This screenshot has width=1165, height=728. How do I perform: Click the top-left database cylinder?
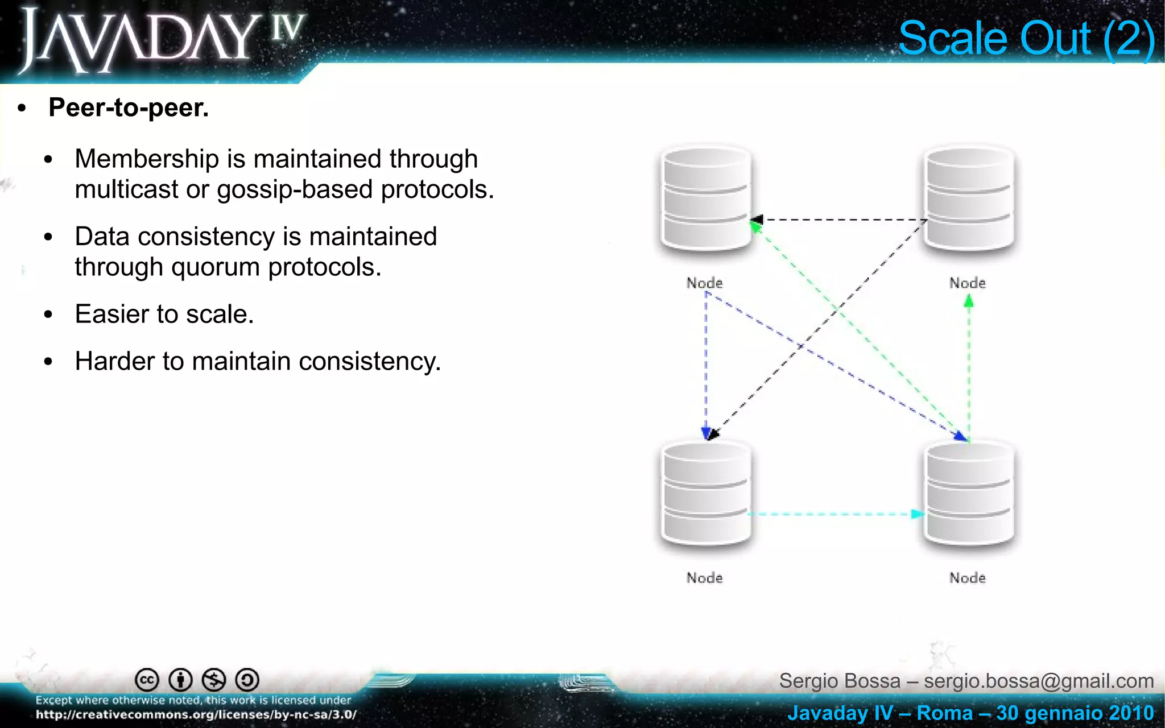[x=705, y=199]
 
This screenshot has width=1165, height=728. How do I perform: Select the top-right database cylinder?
[x=969, y=199]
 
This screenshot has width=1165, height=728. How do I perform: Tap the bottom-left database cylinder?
[x=705, y=494]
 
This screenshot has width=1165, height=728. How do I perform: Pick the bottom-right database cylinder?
[x=969, y=494]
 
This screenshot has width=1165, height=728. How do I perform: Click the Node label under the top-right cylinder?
[x=967, y=283]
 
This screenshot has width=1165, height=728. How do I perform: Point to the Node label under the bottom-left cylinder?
[x=704, y=578]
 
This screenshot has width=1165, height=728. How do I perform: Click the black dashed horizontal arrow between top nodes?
[x=842, y=220]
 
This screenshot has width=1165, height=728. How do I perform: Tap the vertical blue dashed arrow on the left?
[x=706, y=364]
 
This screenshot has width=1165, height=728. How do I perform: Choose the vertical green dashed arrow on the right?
[x=969, y=370]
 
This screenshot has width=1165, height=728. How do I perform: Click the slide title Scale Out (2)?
[x=1026, y=39]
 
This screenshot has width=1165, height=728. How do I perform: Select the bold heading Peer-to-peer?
[x=129, y=107]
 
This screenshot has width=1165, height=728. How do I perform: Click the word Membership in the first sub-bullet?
[x=146, y=159]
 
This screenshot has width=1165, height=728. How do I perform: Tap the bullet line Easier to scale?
[x=164, y=314]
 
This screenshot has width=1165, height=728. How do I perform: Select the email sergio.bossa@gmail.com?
[x=1039, y=681]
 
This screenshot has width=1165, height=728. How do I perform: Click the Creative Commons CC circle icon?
[x=147, y=680]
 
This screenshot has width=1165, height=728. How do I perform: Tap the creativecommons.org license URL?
[x=196, y=715]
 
